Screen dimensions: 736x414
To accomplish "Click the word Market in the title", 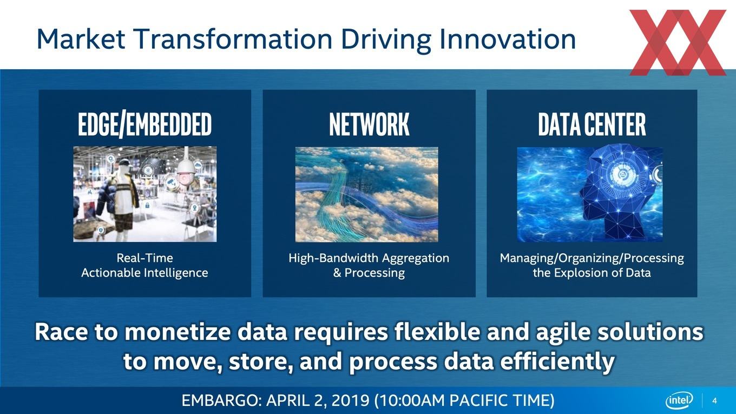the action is [81, 39].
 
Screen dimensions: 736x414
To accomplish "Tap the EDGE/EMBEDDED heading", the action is [145, 124].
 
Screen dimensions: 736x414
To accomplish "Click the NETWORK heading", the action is [369, 124].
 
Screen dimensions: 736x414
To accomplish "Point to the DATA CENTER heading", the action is [592, 124].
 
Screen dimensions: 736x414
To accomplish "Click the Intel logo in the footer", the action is [679, 400].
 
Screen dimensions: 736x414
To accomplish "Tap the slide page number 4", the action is [714, 400].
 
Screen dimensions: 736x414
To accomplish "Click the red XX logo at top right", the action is [678, 42].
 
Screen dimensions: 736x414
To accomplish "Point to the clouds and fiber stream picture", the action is [367, 194].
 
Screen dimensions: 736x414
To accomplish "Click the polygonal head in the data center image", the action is [617, 194].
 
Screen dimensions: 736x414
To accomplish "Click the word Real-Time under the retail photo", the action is [144, 258].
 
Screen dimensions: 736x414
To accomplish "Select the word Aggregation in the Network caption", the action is [415, 259].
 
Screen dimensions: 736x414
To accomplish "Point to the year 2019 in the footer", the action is [350, 400].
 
